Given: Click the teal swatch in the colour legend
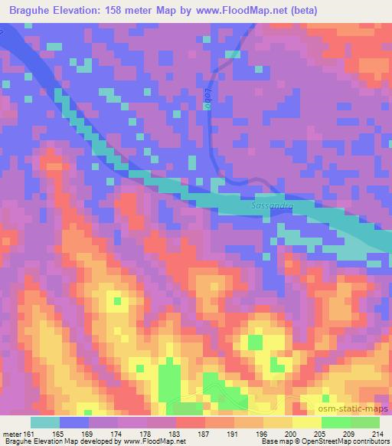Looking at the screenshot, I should [45, 422].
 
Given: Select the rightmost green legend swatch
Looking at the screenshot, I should [365, 422].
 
